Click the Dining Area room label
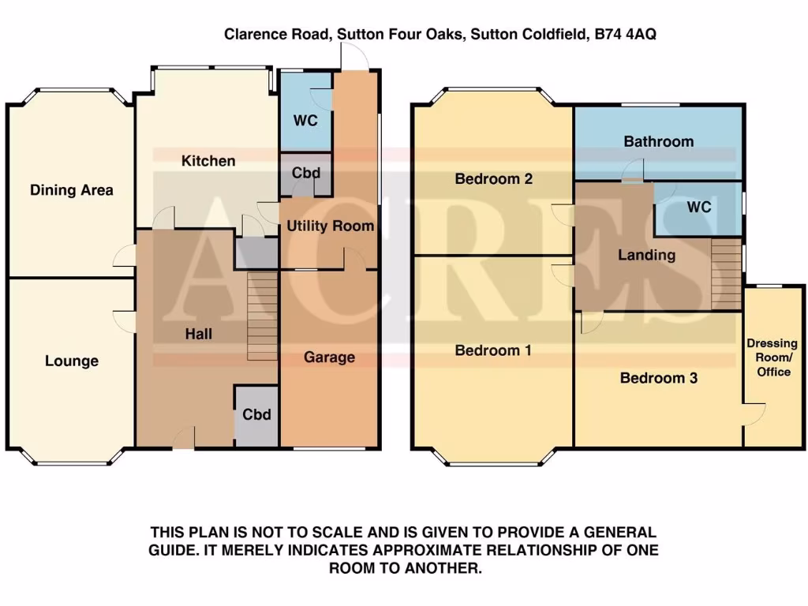(72, 190)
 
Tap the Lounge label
(72, 361)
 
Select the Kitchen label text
(208, 161)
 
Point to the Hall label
(199, 335)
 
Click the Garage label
(329, 357)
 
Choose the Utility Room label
(330, 226)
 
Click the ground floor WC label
(305, 122)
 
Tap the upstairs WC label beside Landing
(699, 208)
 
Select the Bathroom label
(658, 142)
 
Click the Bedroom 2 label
(494, 179)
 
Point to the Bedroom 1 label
(494, 350)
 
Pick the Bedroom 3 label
(658, 378)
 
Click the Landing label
(646, 255)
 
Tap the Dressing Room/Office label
(772, 357)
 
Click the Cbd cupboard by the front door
(257, 415)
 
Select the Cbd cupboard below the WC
(305, 174)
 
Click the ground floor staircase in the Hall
(263, 316)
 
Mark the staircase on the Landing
(726, 274)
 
